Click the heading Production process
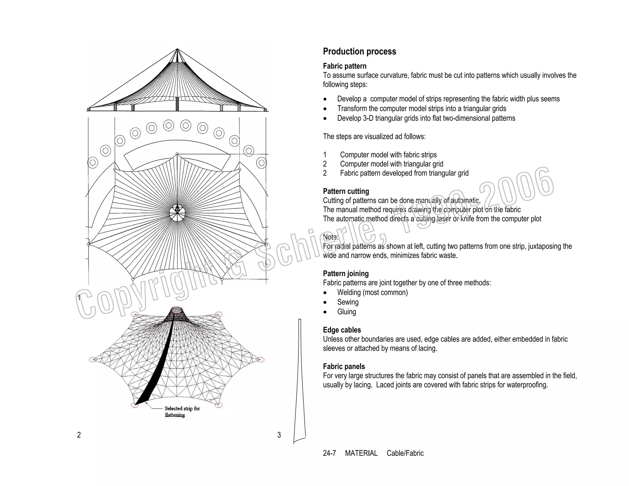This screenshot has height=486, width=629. (359, 51)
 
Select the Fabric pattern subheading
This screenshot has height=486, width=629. (345, 66)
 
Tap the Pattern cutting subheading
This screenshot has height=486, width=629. (346, 191)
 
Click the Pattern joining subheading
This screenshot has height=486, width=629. (346, 273)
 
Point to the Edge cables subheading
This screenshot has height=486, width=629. (342, 330)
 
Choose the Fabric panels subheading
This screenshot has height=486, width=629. (344, 366)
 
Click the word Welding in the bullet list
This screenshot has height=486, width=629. (349, 292)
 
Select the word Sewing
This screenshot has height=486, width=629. (348, 302)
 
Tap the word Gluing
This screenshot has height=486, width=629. (346, 312)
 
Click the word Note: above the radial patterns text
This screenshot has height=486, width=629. (330, 237)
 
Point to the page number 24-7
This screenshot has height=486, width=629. (329, 453)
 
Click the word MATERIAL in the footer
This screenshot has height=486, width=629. (361, 453)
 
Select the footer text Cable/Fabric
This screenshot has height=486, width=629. (405, 453)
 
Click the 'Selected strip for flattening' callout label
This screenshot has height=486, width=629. (182, 412)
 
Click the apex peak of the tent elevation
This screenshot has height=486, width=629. (177, 49)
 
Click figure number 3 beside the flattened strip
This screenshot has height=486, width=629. (279, 435)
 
